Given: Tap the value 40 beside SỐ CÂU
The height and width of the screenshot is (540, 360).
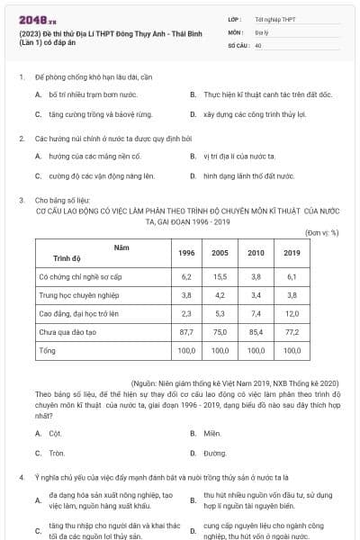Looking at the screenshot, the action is [x=258, y=44].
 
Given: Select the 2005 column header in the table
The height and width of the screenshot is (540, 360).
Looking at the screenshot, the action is [x=220, y=253].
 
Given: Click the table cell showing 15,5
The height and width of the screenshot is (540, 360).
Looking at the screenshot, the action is [x=220, y=277].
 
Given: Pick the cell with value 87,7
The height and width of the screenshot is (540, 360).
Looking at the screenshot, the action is [x=186, y=331].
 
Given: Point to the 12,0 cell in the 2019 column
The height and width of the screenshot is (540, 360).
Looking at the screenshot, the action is [x=292, y=313].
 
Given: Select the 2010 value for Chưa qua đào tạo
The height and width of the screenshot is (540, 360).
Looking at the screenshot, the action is [x=256, y=331].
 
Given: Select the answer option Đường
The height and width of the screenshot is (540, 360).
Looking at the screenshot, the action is [x=210, y=453].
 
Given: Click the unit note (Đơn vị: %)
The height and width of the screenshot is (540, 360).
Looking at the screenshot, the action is [x=321, y=232].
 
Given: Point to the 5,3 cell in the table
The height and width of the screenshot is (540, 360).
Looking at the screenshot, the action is [x=220, y=313].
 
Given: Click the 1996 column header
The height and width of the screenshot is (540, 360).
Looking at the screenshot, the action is [x=186, y=253].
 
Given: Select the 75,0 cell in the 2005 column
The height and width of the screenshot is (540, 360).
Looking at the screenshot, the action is [x=220, y=331].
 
